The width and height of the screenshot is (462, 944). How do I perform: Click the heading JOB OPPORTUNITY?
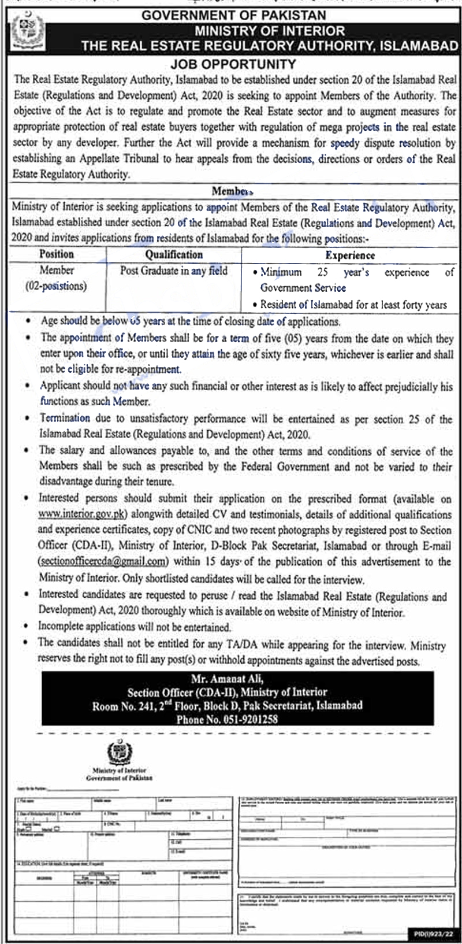pos(233,64)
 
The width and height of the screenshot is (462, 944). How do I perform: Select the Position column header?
pos(57,254)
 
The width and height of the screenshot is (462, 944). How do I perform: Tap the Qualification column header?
pos(174,254)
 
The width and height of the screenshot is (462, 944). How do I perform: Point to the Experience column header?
pos(350,255)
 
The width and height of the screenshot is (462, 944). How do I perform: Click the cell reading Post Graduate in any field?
pos(174,271)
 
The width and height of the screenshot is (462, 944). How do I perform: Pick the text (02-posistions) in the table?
pos(55,286)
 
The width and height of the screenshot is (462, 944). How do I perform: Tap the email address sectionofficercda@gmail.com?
pos(103,561)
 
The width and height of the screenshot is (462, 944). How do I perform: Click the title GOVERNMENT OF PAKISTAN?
pos(234,15)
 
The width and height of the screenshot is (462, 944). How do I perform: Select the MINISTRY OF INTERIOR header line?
pos(269,31)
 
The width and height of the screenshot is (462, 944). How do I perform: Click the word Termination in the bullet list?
pos(65,418)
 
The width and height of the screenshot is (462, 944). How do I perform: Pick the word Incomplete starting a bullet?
pos(64,627)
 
